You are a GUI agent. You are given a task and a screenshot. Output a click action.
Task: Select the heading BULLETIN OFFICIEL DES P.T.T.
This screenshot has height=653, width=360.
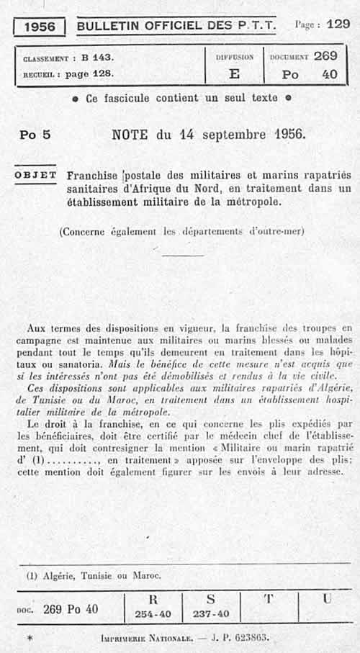(x=176, y=26)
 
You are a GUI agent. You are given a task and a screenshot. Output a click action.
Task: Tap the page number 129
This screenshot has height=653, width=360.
(x=338, y=24)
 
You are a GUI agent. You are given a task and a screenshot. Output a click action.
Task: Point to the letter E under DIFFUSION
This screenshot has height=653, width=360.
(x=234, y=73)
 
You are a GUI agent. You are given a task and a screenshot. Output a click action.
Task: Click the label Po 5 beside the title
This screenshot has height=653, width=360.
(x=35, y=135)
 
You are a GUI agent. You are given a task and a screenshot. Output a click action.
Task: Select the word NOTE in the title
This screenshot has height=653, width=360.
(x=130, y=134)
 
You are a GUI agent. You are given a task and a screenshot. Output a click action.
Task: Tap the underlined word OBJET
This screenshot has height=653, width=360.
(x=35, y=175)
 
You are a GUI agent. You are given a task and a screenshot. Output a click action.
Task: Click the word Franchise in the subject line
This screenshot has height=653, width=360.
(x=93, y=176)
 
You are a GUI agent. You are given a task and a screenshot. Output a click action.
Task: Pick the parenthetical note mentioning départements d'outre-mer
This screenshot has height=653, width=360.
(x=181, y=232)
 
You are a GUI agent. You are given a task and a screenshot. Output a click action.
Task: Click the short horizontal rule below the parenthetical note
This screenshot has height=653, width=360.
(x=183, y=255)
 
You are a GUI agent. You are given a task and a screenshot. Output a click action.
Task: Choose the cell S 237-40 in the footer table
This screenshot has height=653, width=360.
(x=210, y=606)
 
